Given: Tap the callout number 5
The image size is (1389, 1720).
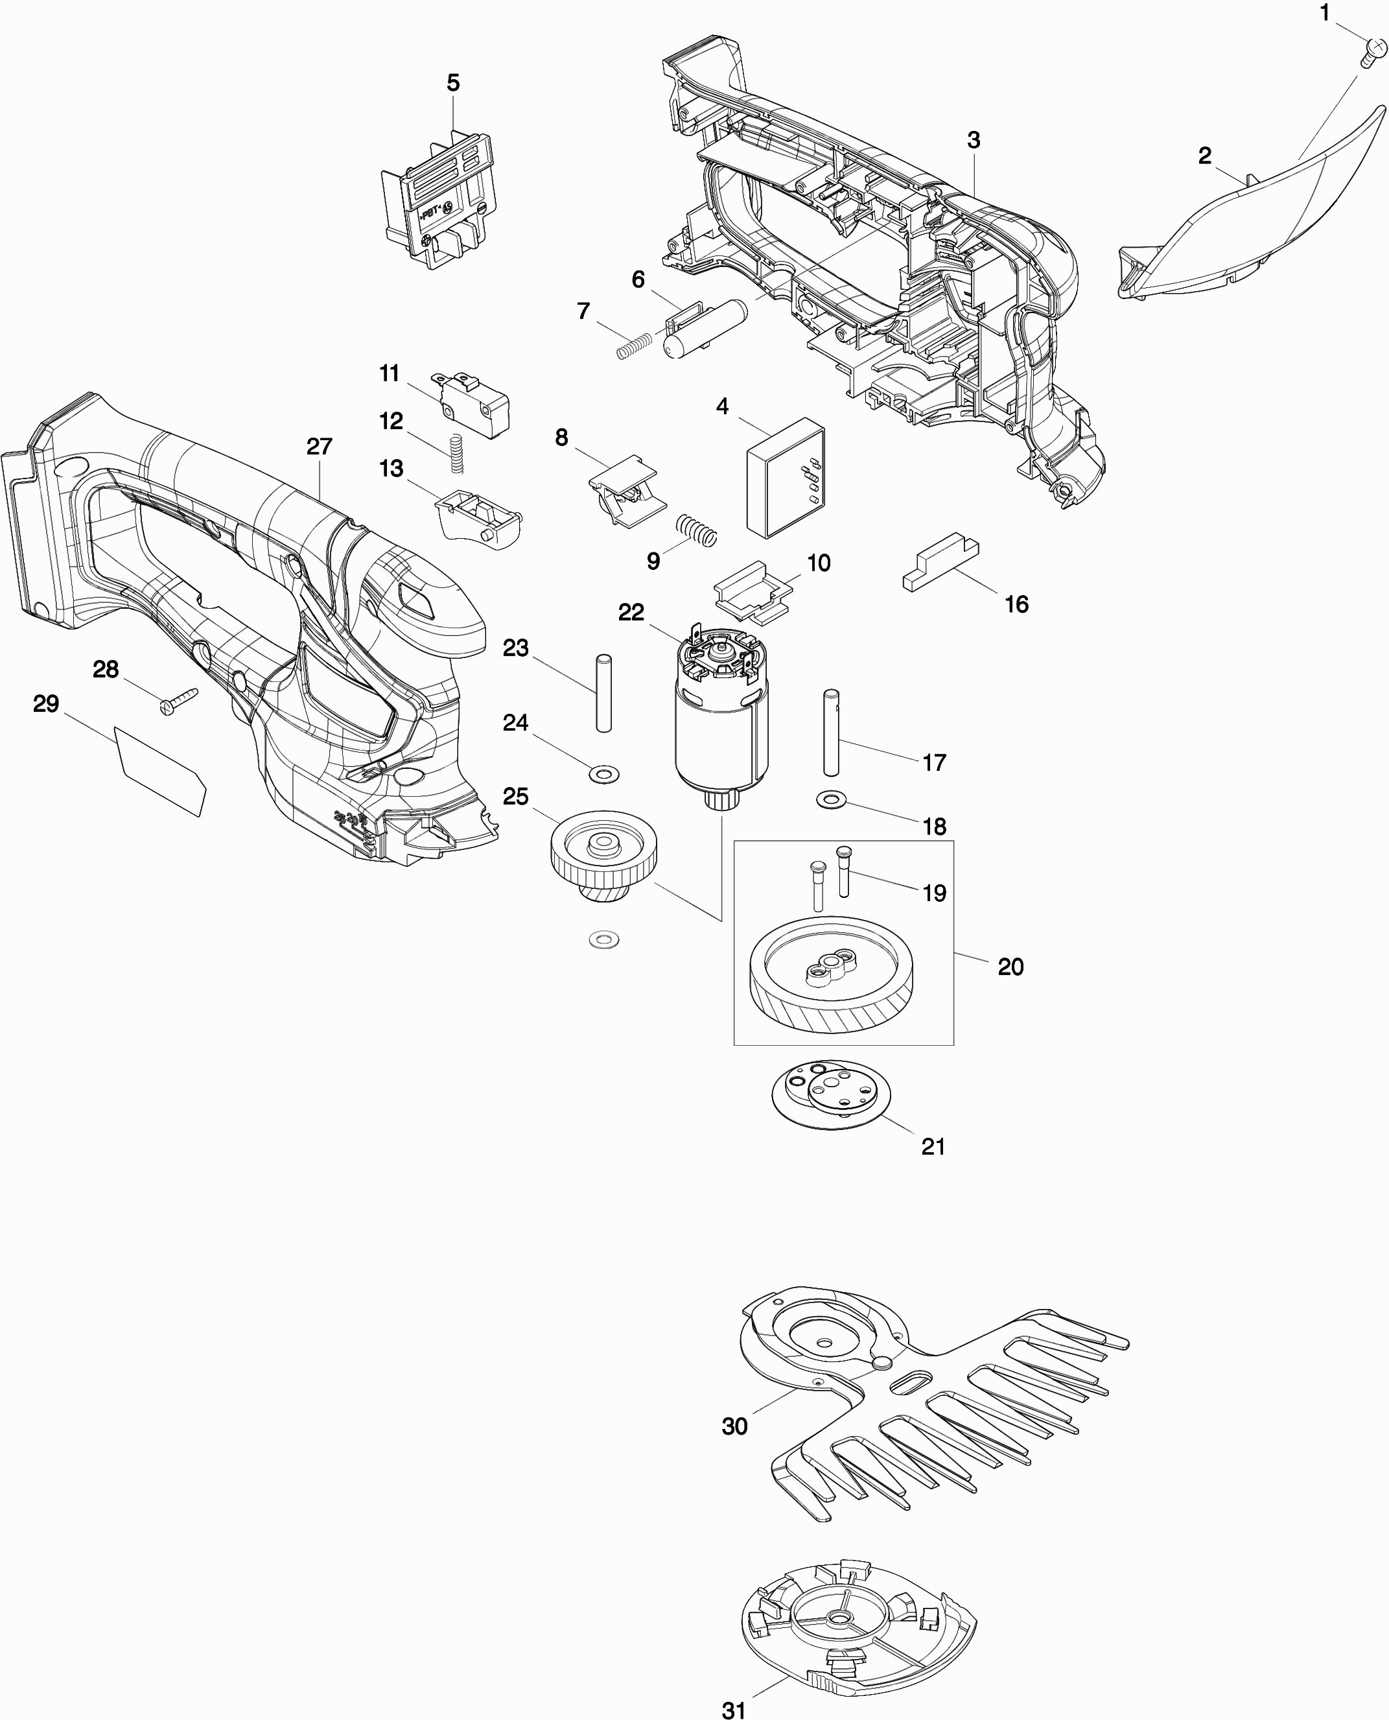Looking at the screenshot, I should [x=453, y=82].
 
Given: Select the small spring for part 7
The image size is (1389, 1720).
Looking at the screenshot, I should [x=634, y=344].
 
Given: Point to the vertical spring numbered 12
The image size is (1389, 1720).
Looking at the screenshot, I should [x=456, y=454].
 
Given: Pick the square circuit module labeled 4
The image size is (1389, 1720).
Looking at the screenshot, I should [x=786, y=478].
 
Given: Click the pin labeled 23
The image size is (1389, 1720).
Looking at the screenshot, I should [x=604, y=692].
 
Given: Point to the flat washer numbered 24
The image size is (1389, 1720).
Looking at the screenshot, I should [x=604, y=774].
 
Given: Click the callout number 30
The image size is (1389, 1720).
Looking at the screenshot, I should [x=734, y=1426].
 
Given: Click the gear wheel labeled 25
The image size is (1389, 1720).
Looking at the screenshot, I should [x=603, y=854].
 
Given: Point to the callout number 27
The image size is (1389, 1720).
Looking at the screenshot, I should [x=320, y=447].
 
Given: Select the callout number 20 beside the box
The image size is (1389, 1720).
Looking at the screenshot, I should [x=1010, y=967].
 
